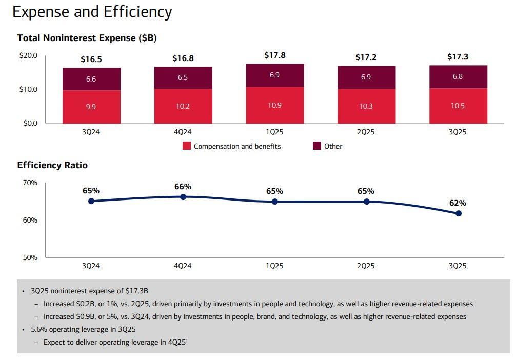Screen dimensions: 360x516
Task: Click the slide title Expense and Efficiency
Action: [92, 12]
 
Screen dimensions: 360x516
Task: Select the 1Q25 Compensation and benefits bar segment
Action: [274, 105]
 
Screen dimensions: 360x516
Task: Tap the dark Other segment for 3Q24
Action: [91, 79]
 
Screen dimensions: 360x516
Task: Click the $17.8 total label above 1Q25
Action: [274, 55]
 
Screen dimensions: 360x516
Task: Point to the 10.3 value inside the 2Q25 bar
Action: [366, 106]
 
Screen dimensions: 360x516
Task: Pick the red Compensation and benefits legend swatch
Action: [187, 146]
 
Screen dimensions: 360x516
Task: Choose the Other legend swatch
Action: [317, 146]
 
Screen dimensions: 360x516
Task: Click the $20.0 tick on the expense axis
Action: [28, 55]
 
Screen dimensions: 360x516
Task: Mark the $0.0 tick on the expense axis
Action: [30, 123]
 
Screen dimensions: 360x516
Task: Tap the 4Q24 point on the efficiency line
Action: [183, 196]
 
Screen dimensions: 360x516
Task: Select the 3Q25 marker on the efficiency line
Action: [458, 213]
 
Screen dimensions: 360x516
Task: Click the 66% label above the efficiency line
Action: [183, 187]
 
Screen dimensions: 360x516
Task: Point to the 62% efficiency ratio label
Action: [458, 203]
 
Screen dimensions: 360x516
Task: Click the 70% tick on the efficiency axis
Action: [30, 183]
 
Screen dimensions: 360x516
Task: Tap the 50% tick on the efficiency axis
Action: [30, 257]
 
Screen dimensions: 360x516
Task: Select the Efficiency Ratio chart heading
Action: [52, 165]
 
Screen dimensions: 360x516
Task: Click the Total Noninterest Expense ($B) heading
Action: [87, 38]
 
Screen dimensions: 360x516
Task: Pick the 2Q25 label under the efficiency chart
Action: [366, 266]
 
